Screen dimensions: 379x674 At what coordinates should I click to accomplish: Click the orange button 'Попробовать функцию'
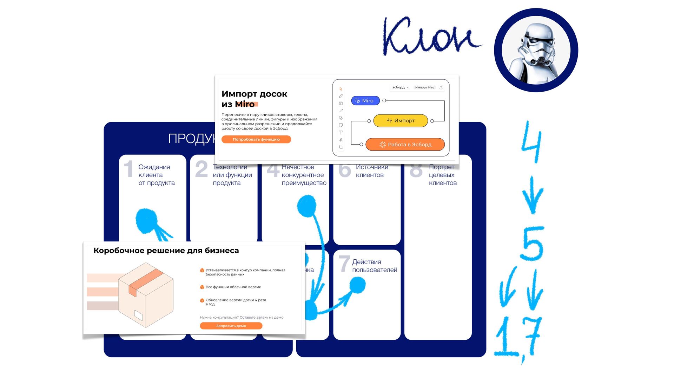pos(256,139)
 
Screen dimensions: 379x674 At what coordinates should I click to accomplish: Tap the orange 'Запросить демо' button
pos(231,326)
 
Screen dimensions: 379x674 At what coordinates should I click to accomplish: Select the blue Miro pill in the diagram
pos(365,101)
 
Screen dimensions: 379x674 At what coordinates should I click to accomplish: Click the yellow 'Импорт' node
pos(401,121)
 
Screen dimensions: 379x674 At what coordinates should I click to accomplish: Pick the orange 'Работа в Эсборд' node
pos(405,144)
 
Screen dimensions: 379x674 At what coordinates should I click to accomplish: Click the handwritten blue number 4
pos(531,142)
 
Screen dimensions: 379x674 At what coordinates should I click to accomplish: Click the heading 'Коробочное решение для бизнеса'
pos(166,251)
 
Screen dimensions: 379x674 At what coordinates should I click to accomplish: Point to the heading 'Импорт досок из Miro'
pos(254,99)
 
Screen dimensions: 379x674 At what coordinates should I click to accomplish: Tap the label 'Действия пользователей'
pos(374,266)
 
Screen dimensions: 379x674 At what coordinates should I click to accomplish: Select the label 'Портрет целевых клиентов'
pos(442,175)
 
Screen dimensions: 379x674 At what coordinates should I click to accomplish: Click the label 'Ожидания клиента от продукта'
pos(156,175)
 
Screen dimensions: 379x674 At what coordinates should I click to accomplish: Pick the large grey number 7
pos(344,264)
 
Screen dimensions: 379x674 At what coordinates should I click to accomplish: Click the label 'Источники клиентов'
pos(371,171)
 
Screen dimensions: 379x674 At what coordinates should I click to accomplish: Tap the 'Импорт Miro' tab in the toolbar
pos(424,87)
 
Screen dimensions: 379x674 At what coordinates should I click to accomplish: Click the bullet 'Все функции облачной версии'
pos(233,287)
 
